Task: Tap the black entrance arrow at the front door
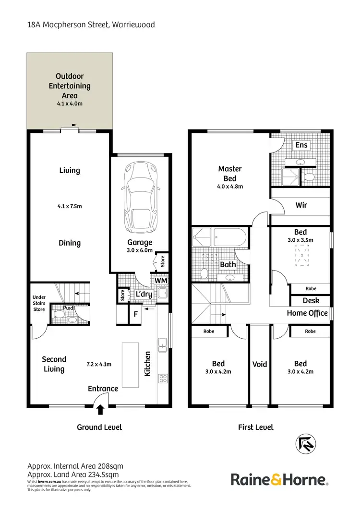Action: [x=100, y=409]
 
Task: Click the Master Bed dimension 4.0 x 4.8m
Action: [x=229, y=187]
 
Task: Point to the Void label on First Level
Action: [x=259, y=364]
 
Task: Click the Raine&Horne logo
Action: [x=280, y=479]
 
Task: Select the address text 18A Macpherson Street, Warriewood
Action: [x=91, y=24]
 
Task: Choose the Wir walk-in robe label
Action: [x=301, y=205]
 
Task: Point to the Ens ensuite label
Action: [x=301, y=145]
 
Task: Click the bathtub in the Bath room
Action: [x=229, y=238]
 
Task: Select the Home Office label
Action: [x=307, y=313]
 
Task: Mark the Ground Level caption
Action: [x=99, y=427]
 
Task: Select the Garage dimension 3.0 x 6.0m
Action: [x=140, y=250]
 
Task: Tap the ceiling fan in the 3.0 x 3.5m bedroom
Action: [x=301, y=255]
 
